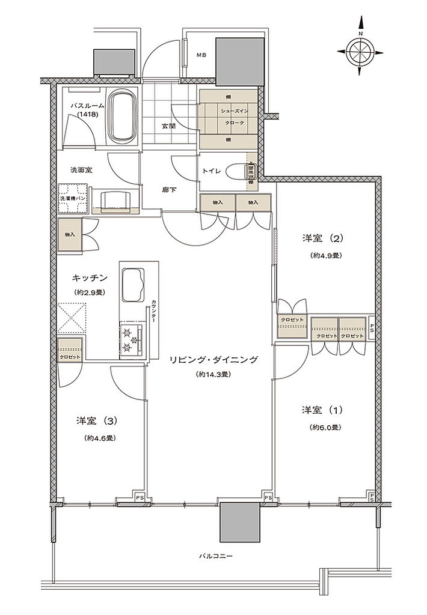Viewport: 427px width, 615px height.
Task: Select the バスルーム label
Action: pos(88,106)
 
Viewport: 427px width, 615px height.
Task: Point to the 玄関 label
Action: pos(168,126)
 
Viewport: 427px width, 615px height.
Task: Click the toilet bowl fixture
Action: pos(250,171)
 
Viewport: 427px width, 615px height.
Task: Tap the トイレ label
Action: pos(212,171)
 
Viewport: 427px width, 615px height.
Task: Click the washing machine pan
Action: pos(73,198)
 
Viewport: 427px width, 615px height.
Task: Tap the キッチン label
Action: pos(90,277)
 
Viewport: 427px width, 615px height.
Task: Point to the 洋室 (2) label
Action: pos(322,238)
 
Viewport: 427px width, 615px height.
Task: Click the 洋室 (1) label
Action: pos(322,410)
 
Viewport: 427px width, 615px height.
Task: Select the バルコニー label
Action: pos(216,556)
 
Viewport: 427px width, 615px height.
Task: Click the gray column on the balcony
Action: pos(240,522)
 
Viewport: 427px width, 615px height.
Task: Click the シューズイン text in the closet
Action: pos(230,112)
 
